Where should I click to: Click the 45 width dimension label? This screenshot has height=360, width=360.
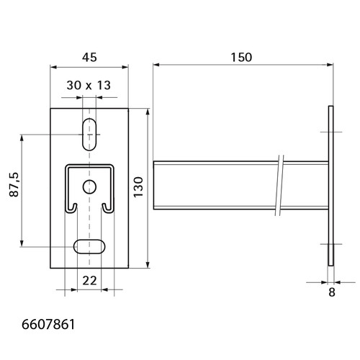click(x=89, y=58)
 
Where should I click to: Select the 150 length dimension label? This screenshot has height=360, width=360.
click(x=241, y=58)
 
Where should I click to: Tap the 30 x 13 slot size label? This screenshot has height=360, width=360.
click(x=89, y=85)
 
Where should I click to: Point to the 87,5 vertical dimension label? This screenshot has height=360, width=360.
click(x=14, y=184)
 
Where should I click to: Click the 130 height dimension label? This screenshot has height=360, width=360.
click(x=138, y=187)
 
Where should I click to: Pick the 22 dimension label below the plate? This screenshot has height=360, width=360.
click(x=89, y=280)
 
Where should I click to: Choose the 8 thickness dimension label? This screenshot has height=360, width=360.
click(x=332, y=292)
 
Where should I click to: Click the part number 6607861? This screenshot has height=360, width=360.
click(x=48, y=325)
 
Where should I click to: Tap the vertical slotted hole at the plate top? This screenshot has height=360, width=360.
click(x=89, y=135)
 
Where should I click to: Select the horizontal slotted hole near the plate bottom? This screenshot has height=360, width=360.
click(x=89, y=246)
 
